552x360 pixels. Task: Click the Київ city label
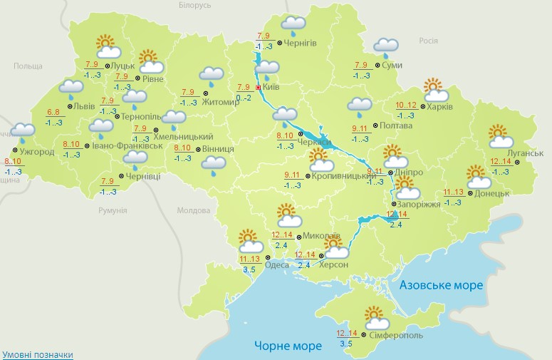pyautogui.click(x=271, y=87)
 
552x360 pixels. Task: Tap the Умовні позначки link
pyautogui.click(x=37, y=354)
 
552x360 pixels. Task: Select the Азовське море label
pyautogui.click(x=441, y=285)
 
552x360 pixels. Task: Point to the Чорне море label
pyautogui.click(x=287, y=346)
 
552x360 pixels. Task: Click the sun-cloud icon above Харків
pyautogui.click(x=436, y=91)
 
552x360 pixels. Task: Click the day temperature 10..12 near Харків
pyautogui.click(x=405, y=106)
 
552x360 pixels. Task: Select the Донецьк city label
pyautogui.click(x=492, y=193)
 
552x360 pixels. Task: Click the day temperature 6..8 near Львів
pyautogui.click(x=53, y=112)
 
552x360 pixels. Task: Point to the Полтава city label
pyautogui.click(x=397, y=125)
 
